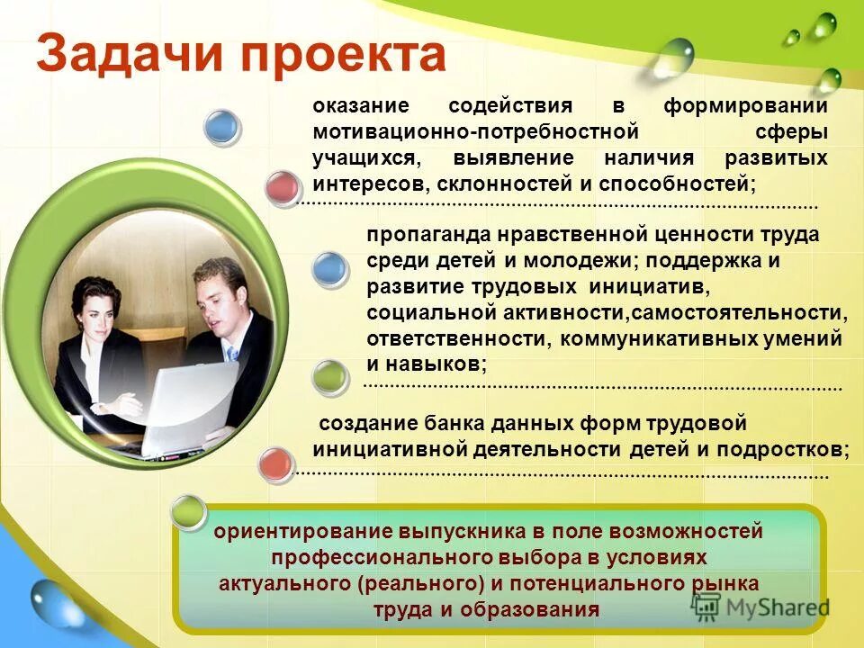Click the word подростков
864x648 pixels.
[x=791, y=449]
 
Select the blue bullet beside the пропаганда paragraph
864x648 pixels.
[x=329, y=270]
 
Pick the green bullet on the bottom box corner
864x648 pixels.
[x=188, y=511]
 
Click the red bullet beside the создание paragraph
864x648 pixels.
[x=275, y=465]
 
